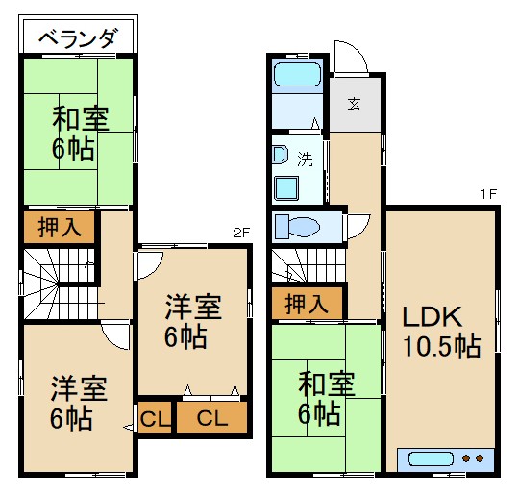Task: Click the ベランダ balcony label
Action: (x=80, y=39)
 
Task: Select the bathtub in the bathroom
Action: (x=300, y=76)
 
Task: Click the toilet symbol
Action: (x=299, y=227)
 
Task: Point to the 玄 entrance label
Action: (x=355, y=105)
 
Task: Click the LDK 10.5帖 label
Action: (x=440, y=332)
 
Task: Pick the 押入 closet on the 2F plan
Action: (x=59, y=227)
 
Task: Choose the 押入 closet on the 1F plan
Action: (x=307, y=303)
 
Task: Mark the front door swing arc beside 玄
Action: (x=350, y=56)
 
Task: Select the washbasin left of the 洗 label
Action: (x=281, y=154)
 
